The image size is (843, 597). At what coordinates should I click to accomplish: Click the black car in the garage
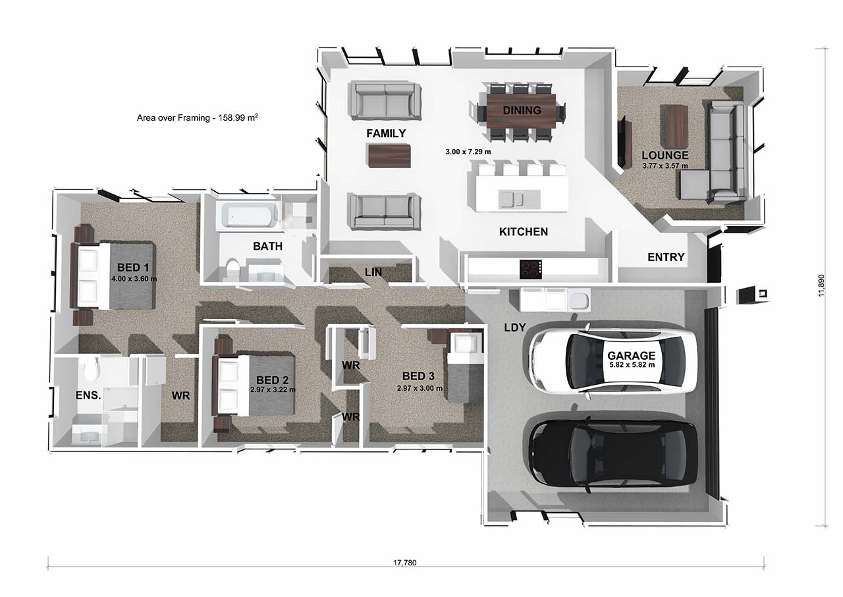point(612,453)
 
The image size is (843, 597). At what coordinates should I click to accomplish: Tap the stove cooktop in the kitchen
point(531,269)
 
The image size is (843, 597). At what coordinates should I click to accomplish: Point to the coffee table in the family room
point(389,156)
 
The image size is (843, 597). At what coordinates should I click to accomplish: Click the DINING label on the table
point(522,110)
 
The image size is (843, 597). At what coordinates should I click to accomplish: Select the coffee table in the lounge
point(675,127)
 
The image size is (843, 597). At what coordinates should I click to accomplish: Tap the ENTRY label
point(666,257)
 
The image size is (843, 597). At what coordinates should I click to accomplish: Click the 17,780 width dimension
point(405,563)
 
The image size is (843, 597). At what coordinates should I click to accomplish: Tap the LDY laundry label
point(514,327)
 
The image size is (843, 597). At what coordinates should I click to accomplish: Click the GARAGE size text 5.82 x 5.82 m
point(631,364)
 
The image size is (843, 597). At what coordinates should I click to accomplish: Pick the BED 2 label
point(273,380)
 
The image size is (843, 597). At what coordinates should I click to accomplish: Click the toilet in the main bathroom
point(231,270)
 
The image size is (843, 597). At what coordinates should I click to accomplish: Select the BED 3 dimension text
point(420,388)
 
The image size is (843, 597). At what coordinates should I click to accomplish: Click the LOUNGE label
point(665,156)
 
